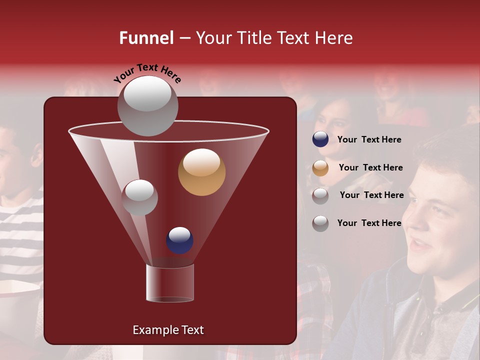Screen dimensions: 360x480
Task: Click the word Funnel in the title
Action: [146, 38]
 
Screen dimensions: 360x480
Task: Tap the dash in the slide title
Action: [184, 38]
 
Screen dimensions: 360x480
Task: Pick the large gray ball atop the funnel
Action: [148, 105]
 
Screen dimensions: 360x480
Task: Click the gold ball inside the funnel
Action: [201, 172]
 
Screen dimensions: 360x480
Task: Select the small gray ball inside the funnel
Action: [139, 197]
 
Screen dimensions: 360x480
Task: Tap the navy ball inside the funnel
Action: [179, 240]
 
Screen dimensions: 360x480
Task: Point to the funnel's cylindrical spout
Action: [170, 283]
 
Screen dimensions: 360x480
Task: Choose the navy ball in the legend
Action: [320, 139]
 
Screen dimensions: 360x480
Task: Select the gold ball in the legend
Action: [320, 167]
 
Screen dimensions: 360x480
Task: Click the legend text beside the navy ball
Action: [369, 140]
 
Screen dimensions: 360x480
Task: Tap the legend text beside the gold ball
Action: [370, 168]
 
